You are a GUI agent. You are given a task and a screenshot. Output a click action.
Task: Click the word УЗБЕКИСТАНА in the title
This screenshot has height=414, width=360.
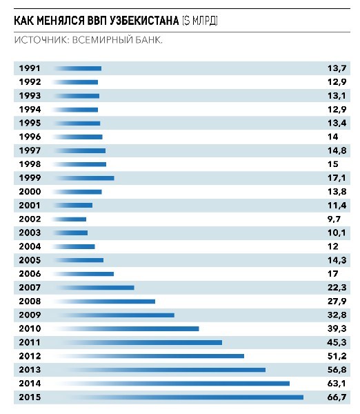(x=144, y=21)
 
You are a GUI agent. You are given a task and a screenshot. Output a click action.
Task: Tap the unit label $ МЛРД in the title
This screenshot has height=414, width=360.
(x=200, y=21)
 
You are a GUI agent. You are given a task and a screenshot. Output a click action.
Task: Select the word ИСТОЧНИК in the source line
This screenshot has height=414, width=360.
(x=41, y=40)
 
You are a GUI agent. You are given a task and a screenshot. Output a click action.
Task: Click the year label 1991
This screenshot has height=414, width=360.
(x=30, y=68)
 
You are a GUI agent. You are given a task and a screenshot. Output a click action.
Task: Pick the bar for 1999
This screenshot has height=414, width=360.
(x=83, y=178)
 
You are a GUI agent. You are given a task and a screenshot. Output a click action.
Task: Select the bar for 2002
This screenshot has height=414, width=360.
(x=70, y=219)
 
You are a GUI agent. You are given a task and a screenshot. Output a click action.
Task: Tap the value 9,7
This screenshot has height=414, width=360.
(x=334, y=219)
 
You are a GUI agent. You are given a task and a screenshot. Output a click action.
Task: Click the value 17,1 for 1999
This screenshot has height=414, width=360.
(x=337, y=178)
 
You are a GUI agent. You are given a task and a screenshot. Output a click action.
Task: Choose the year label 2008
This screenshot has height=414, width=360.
(x=30, y=302)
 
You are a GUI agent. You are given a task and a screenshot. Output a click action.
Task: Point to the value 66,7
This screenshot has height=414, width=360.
(x=337, y=397)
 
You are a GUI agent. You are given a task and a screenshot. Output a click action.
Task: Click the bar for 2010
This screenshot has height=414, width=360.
(x=126, y=328)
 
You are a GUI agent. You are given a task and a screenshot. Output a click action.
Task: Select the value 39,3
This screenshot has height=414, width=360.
(x=337, y=328)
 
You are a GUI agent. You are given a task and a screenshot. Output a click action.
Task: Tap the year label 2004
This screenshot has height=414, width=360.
(x=30, y=246)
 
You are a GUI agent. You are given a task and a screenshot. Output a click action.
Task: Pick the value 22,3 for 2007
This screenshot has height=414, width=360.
(x=337, y=288)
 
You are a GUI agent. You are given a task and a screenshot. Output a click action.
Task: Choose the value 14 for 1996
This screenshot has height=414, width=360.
(x=332, y=137)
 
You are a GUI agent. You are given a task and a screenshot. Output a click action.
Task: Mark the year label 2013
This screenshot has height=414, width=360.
(x=30, y=370)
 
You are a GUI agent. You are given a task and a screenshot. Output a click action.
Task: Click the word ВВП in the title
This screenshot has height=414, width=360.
(x=97, y=21)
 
